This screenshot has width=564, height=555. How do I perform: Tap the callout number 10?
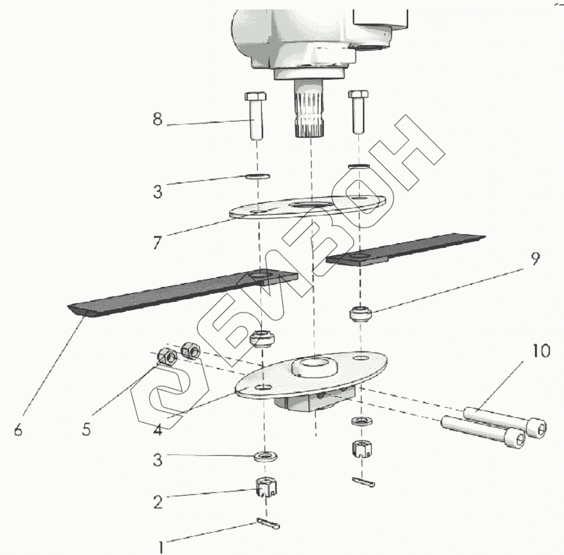541,351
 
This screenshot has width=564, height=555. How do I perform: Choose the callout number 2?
157,502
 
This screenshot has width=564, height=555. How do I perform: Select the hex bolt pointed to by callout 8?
254,115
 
